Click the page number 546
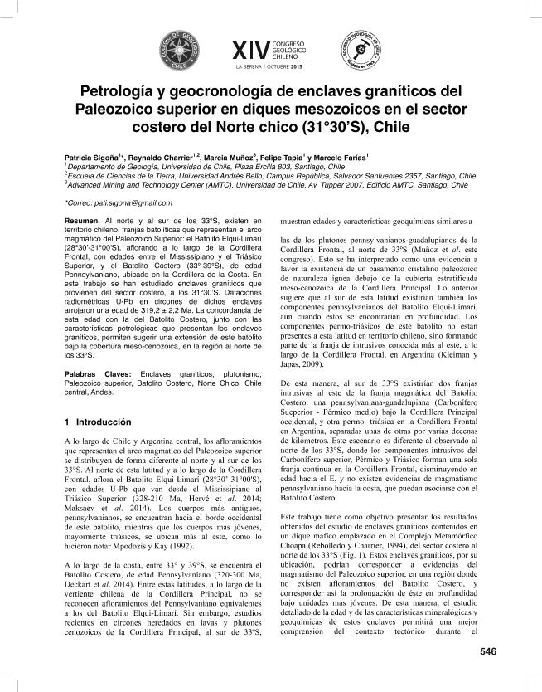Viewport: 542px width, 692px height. point(487,651)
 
